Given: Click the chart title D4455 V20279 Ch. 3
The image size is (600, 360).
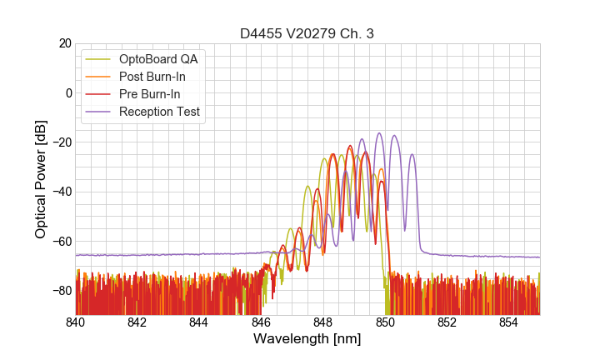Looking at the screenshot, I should pos(307,33).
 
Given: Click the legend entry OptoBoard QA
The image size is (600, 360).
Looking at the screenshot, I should pos(157,59).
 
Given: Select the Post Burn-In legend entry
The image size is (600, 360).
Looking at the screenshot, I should pos(152,77).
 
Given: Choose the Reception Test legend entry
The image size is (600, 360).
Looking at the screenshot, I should pos(159,112).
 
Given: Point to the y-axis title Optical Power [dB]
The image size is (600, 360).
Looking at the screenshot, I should pos(41,178).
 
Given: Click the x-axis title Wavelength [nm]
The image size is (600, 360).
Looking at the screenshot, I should pos(307,339).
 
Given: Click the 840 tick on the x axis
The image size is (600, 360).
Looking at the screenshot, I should pos(76,322).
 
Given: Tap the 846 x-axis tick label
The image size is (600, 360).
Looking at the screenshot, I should pos(261,322).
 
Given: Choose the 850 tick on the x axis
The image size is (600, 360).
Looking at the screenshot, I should pos(385,322).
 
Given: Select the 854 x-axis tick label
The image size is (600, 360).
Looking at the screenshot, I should pos(508,322).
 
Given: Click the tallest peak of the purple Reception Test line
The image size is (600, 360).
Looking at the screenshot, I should pos(379,133).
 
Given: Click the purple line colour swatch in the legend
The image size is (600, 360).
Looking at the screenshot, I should pos(99,112).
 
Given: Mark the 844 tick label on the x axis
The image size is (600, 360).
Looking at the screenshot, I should pos(199,322).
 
